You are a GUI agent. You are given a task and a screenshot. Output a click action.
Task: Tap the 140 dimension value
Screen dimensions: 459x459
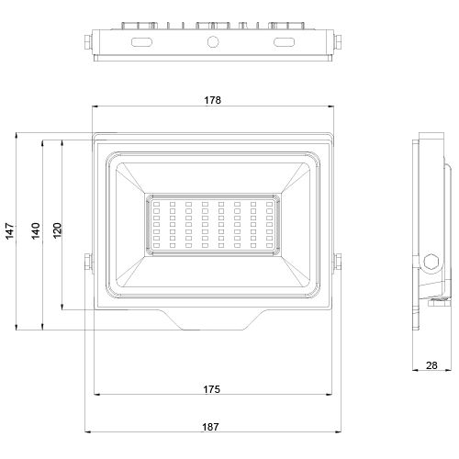35,230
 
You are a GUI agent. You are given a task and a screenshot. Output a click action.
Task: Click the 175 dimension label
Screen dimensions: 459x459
211,390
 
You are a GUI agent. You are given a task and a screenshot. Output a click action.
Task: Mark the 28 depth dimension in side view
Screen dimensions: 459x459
431,365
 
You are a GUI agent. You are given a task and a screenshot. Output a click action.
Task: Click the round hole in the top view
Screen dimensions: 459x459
212,42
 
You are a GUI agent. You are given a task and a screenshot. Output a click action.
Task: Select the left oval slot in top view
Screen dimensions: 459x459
143,42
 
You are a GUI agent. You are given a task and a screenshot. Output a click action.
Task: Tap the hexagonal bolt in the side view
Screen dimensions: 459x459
431,261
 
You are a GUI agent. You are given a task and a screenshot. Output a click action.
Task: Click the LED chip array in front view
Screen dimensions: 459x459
212,225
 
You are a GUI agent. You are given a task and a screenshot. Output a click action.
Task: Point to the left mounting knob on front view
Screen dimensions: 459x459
87,262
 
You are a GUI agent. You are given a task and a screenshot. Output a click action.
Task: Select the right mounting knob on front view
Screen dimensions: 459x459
337,262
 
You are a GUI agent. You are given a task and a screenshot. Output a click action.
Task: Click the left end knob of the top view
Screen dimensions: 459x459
89,41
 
